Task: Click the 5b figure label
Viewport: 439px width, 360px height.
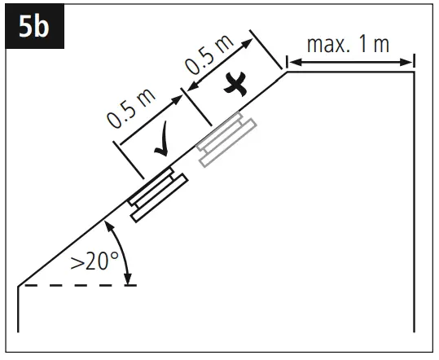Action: pyautogui.click(x=34, y=27)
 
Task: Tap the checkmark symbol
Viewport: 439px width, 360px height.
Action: pyautogui.click(x=162, y=139)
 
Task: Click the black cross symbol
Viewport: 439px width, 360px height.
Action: pyautogui.click(x=235, y=85)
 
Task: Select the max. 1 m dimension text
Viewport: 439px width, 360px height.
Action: pyautogui.click(x=349, y=44)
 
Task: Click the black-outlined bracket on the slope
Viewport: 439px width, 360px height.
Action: pyautogui.click(x=158, y=195)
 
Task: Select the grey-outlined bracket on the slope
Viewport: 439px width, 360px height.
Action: pyautogui.click(x=226, y=139)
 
